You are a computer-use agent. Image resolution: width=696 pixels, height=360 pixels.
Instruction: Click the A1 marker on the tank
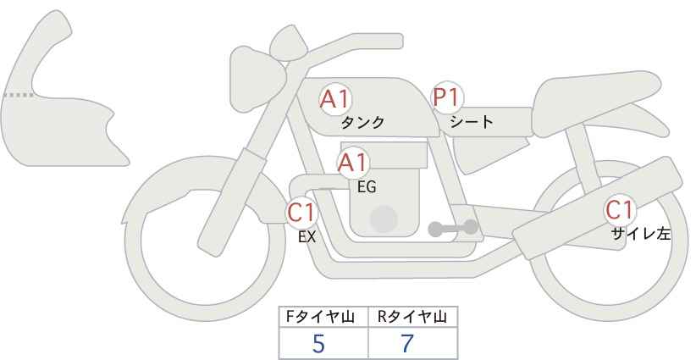point(335,99)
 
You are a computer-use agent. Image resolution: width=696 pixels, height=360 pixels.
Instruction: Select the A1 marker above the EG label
point(352,163)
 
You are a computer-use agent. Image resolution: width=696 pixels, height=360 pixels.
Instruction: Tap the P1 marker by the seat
point(448,97)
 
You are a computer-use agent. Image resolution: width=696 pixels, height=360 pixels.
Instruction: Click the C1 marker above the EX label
point(301,213)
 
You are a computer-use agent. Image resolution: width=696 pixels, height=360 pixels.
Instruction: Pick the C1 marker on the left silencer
point(620,210)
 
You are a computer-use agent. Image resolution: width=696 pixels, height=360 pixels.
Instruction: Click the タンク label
point(362,123)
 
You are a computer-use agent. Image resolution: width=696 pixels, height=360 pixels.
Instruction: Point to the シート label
point(472,121)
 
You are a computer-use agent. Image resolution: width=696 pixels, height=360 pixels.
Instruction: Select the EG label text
point(367,187)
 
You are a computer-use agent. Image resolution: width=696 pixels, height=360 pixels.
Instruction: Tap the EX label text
point(307,237)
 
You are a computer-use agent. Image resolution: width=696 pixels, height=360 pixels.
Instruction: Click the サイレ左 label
point(641,234)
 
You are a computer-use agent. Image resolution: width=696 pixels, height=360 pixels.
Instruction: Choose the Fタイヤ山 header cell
point(323,317)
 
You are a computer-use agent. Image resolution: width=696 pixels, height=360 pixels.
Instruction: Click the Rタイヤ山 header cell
point(413,317)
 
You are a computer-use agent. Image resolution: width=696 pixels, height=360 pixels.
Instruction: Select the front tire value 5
point(318,344)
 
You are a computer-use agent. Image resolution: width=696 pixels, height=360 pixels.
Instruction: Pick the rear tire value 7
point(407,344)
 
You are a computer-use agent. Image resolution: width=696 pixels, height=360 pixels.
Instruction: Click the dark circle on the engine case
point(384,219)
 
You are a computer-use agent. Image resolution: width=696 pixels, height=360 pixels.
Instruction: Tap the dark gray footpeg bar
point(453,228)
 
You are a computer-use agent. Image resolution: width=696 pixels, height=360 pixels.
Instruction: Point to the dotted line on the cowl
point(19,95)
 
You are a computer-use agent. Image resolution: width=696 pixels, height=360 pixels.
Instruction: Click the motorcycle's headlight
point(256,80)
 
